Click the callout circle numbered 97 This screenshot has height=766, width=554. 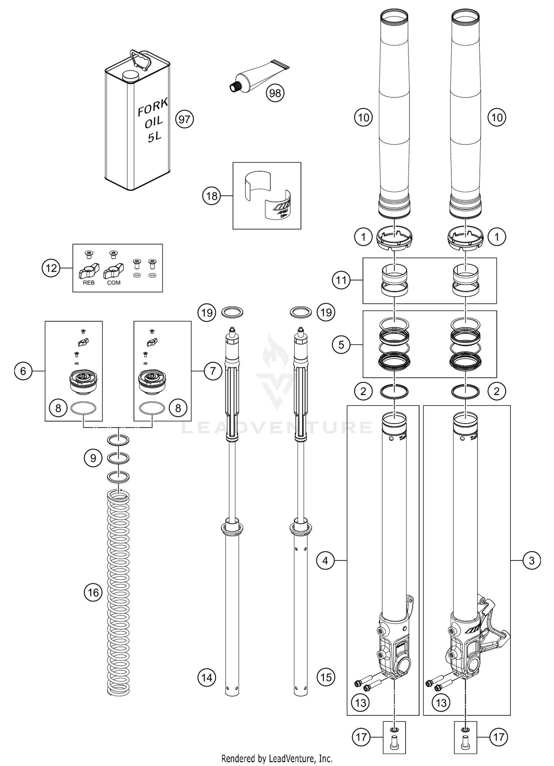coord(184,119)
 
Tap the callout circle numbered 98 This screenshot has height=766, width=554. coord(275,93)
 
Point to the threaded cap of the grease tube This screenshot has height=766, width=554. coord(233,87)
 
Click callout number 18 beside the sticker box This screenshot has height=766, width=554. coord(212,196)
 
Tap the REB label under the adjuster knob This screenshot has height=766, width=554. coord(89,283)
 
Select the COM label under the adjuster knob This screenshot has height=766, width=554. coord(114,283)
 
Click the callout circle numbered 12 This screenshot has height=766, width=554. coord(51,268)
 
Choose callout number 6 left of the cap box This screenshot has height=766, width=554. coord(23,371)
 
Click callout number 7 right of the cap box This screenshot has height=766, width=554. coord(213,371)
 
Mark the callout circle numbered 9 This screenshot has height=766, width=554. coord(93,458)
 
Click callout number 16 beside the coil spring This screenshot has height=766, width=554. coord(93,593)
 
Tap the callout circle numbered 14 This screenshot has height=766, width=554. coord(207,677)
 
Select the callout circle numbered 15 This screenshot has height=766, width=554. coord(326,677)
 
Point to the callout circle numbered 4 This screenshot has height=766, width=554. coord(325,561)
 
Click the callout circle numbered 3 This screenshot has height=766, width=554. coord(531,561)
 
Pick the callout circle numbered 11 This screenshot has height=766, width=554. coord(341,280)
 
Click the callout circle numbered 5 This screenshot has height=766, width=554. coord(341,345)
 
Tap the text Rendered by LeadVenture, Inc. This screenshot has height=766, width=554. coord(277,759)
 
